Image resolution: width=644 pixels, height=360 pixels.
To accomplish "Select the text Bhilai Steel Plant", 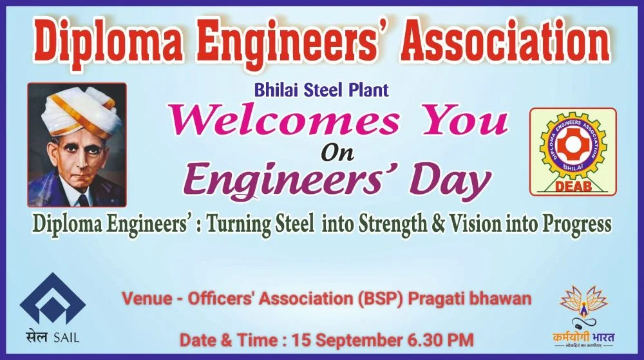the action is point(321,90).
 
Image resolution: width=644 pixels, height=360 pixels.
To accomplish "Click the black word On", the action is point(337,153).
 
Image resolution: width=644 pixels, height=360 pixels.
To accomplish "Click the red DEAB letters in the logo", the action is point(573,187).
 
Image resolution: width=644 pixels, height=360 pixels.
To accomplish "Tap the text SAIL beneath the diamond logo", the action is point(66,337).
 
